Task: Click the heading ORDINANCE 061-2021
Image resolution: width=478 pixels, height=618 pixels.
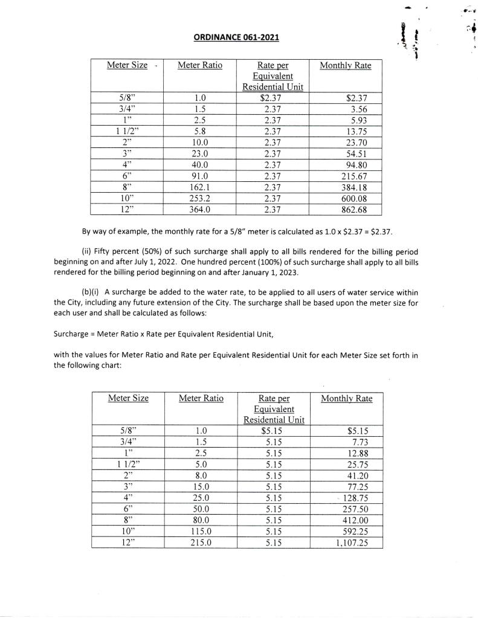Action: (236, 38)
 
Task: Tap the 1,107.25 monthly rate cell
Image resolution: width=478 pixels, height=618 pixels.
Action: (350, 542)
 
